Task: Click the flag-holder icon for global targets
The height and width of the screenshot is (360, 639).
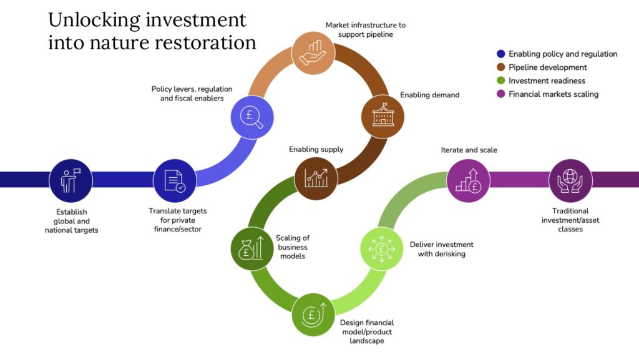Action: coord(71,180)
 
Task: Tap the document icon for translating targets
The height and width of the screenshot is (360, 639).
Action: coord(175,180)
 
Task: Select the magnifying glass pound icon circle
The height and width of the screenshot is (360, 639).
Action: coord(253,116)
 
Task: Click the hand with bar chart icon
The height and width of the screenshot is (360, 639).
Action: coord(314,52)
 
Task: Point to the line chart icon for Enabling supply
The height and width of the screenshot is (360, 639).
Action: coord(316,178)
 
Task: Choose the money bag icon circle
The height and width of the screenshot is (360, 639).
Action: coord(252,248)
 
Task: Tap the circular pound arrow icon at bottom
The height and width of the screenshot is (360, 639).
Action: coord(313,314)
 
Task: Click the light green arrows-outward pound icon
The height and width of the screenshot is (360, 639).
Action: coord(383,248)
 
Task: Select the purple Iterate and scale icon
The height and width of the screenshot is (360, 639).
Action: coord(468,180)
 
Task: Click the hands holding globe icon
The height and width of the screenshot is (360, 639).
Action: coord(570,180)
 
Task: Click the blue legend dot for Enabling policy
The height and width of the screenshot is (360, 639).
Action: coord(500,54)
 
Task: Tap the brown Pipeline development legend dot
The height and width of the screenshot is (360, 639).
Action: coord(500,67)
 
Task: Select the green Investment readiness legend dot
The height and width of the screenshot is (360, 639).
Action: coord(500,81)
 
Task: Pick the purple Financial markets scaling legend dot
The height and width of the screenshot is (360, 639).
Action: coord(500,94)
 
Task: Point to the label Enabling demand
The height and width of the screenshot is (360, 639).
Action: coord(429,95)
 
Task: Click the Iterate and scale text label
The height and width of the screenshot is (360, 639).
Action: coord(469,150)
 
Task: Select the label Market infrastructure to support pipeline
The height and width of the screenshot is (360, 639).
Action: coord(365,29)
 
